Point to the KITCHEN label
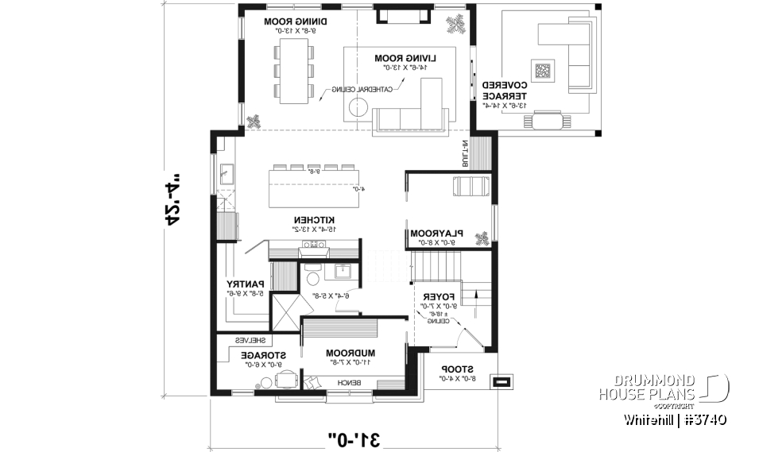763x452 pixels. (x=312, y=219)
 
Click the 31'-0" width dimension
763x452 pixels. (x=360, y=438)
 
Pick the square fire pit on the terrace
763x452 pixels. (x=544, y=71)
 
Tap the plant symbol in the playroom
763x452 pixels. (x=480, y=238)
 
